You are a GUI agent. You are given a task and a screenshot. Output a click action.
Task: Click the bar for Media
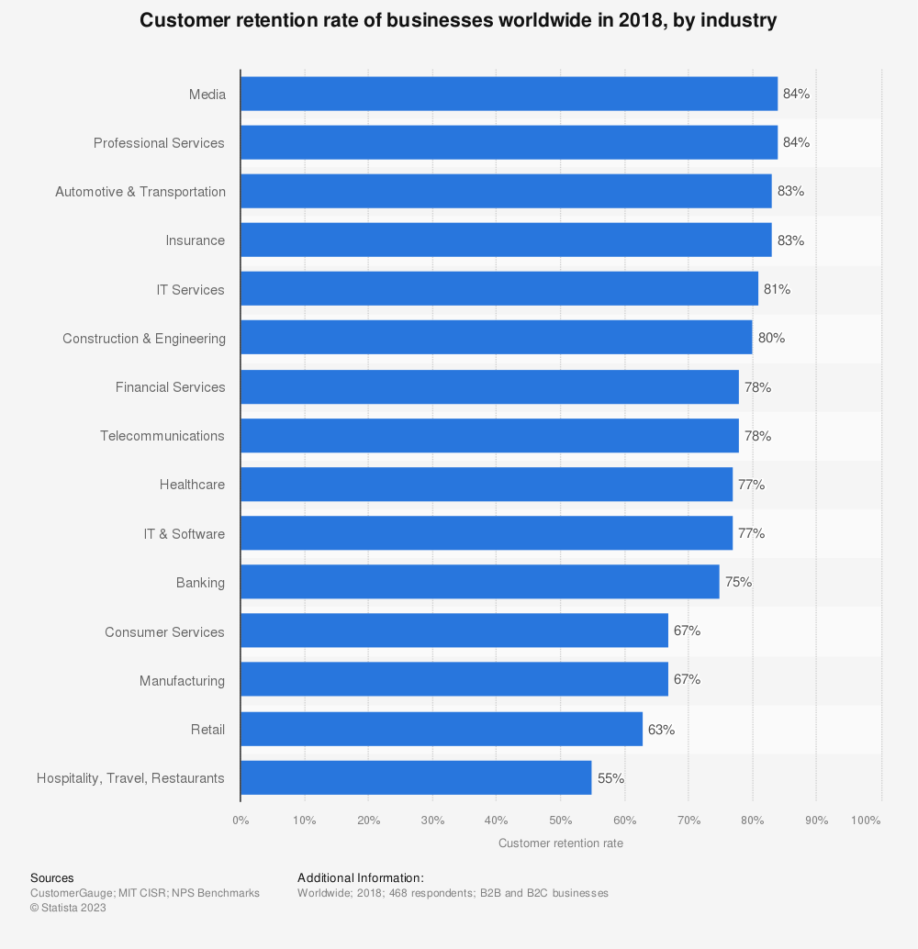tap(509, 94)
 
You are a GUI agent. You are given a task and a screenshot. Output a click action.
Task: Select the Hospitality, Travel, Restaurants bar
tap(416, 777)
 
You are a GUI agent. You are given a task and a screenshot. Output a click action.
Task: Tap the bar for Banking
tap(479, 582)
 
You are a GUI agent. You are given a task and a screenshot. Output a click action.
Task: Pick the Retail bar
tap(441, 729)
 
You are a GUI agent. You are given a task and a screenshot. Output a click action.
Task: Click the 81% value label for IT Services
tap(777, 289)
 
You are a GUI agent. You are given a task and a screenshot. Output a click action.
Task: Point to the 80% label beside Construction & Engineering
tap(771, 338)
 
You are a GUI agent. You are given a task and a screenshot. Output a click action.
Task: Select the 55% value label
tap(610, 777)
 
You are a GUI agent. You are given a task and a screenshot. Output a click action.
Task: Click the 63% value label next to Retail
tap(661, 729)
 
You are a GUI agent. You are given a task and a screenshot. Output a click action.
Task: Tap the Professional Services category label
tap(159, 143)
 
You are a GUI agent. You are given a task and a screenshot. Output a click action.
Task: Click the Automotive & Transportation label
tap(140, 192)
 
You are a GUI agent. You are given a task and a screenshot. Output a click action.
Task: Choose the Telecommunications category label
tap(162, 436)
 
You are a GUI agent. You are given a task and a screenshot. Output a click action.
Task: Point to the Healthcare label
tap(192, 485)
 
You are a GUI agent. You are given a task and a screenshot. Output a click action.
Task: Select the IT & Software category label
tap(184, 534)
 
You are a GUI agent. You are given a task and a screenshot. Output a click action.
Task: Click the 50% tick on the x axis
tap(560, 820)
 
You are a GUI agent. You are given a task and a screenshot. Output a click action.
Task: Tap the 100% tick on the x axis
tap(867, 820)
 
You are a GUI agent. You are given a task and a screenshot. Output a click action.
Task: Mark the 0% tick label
tap(241, 820)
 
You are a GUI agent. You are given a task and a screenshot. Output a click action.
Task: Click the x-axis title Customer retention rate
tap(560, 843)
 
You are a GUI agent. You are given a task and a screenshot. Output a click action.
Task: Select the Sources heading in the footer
tap(51, 878)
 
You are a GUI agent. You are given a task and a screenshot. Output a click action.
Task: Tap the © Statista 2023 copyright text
tap(68, 908)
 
